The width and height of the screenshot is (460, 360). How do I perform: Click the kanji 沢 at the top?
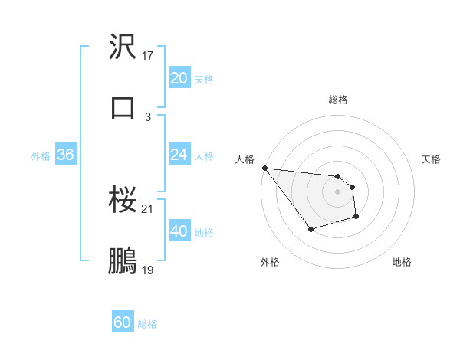coord(123,47)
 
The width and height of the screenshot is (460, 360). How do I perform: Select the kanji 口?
coord(123,107)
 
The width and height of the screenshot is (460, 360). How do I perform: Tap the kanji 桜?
coord(123,201)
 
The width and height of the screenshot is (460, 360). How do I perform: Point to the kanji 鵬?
coord(123,260)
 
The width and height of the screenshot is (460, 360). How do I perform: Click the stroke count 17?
coord(148,56)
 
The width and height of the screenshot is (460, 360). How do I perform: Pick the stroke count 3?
coord(148,116)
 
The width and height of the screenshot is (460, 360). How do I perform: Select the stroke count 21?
coord(148,209)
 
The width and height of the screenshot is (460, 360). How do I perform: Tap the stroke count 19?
coord(148,270)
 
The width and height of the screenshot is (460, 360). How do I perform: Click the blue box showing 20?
coord(179,78)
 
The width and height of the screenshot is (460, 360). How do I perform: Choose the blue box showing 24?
coord(179,155)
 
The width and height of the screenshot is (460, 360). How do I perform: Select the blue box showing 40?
coord(179,231)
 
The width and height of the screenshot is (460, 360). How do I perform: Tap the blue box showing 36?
coord(65,155)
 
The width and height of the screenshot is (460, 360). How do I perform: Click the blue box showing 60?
coord(123,322)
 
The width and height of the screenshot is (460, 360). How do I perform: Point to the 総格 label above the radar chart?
coord(338,100)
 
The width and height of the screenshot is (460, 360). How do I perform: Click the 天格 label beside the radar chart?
coord(432,159)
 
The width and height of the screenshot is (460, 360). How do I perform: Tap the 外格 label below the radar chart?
coord(270,262)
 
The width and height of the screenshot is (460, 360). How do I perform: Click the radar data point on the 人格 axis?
coord(264,168)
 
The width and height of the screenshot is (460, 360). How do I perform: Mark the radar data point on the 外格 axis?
coord(310,229)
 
